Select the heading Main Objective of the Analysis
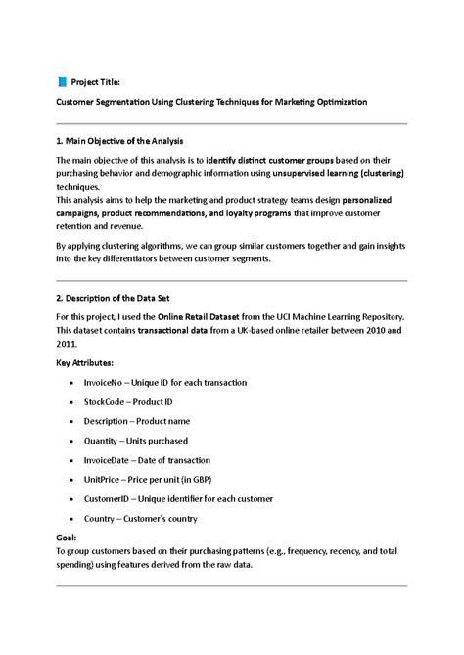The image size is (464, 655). point(119,142)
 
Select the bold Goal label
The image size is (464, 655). point(67,538)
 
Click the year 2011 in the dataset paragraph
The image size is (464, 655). point(66,345)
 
